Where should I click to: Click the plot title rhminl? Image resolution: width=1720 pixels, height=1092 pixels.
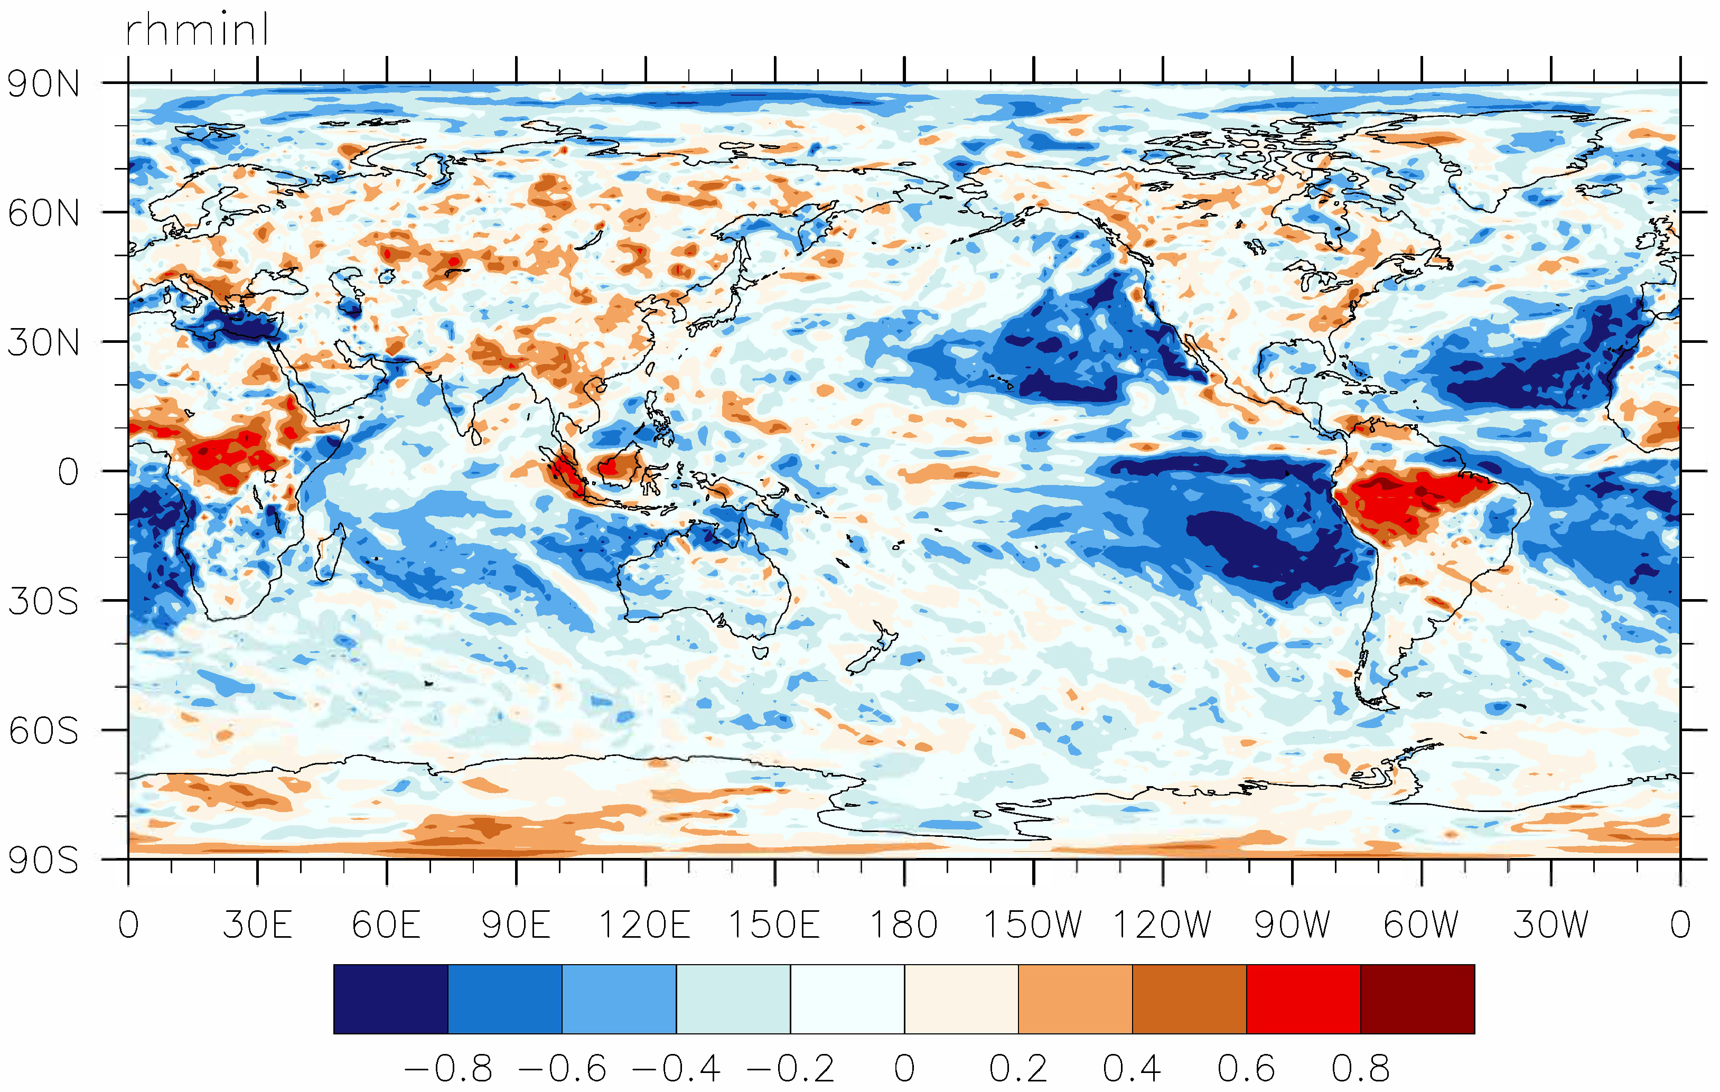click(197, 30)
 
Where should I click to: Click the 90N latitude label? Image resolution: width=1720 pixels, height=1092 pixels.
click(43, 85)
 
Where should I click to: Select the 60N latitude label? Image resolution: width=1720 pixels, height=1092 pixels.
click(43, 213)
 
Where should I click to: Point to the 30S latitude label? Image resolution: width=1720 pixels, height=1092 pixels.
click(43, 601)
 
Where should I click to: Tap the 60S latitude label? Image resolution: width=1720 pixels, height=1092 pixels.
click(43, 731)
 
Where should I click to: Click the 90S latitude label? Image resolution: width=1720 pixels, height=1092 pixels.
click(43, 861)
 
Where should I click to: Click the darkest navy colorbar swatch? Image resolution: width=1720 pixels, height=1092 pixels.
click(391, 998)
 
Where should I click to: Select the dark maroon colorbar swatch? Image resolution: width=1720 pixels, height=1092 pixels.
click(1417, 998)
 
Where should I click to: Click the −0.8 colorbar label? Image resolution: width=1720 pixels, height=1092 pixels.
click(448, 1068)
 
